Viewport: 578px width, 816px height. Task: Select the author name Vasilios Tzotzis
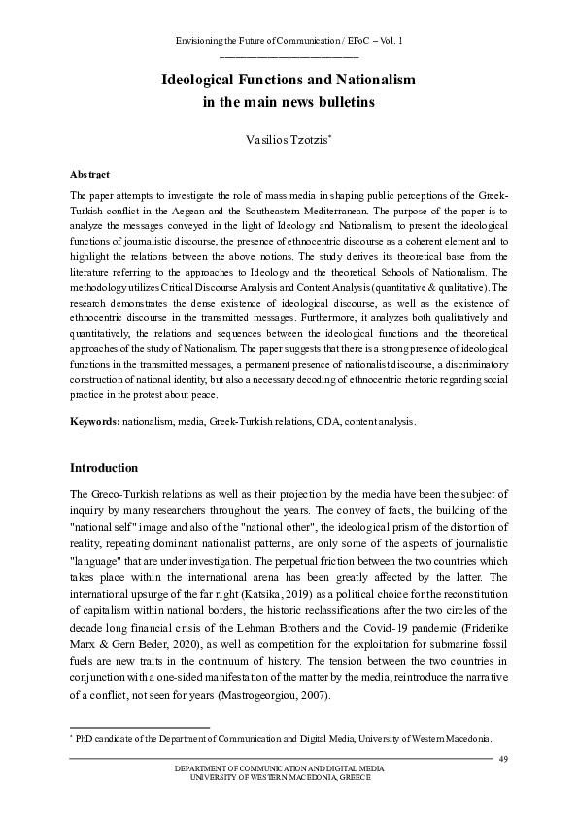point(288,140)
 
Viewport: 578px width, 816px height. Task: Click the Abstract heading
point(89,175)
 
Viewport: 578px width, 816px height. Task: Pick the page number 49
point(502,758)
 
